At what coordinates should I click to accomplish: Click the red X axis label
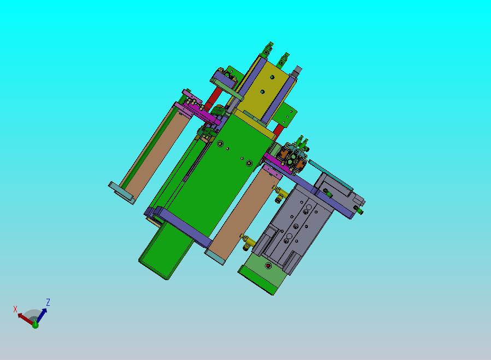pyautogui.click(x=15, y=309)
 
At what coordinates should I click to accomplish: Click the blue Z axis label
pyautogui.click(x=48, y=303)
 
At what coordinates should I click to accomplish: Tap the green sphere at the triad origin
pyautogui.click(x=36, y=325)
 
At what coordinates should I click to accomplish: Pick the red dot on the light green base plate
pyautogui.click(x=268, y=266)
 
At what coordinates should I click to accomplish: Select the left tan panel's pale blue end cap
pyautogui.click(x=121, y=193)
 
